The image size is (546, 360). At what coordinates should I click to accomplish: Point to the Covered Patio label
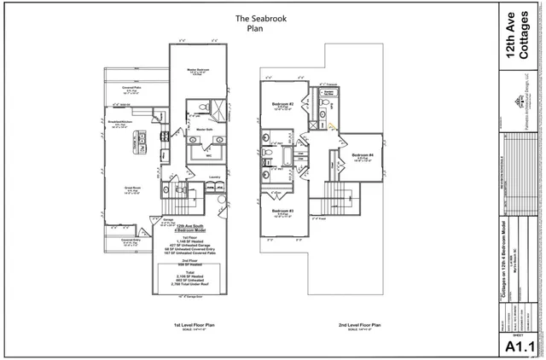click(131, 88)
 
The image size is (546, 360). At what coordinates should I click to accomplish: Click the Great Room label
click(132, 190)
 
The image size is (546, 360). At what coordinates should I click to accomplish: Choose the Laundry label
click(214, 177)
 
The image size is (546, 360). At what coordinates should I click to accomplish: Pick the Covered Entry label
click(130, 241)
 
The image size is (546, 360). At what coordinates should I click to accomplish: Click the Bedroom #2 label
click(284, 104)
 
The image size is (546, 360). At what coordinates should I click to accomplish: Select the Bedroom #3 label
click(284, 211)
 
